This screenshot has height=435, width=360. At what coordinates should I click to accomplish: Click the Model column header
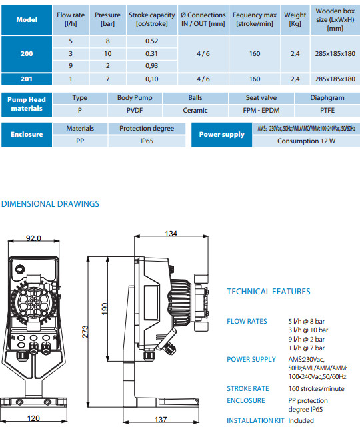point(27,20)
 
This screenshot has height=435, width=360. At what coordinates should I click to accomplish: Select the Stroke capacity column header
point(152,20)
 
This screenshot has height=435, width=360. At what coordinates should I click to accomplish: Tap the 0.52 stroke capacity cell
point(152,41)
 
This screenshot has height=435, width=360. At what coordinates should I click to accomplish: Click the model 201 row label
point(27,79)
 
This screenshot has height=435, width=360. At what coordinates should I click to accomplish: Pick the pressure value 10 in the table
point(108,53)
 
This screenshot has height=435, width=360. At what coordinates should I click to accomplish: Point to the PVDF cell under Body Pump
point(135,110)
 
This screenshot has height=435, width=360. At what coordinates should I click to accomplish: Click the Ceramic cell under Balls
point(195,110)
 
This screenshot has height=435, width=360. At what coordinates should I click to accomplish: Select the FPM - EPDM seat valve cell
point(261,110)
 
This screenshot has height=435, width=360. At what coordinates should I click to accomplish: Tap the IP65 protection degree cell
point(147,141)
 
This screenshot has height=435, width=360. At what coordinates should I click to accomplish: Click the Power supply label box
point(222,135)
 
